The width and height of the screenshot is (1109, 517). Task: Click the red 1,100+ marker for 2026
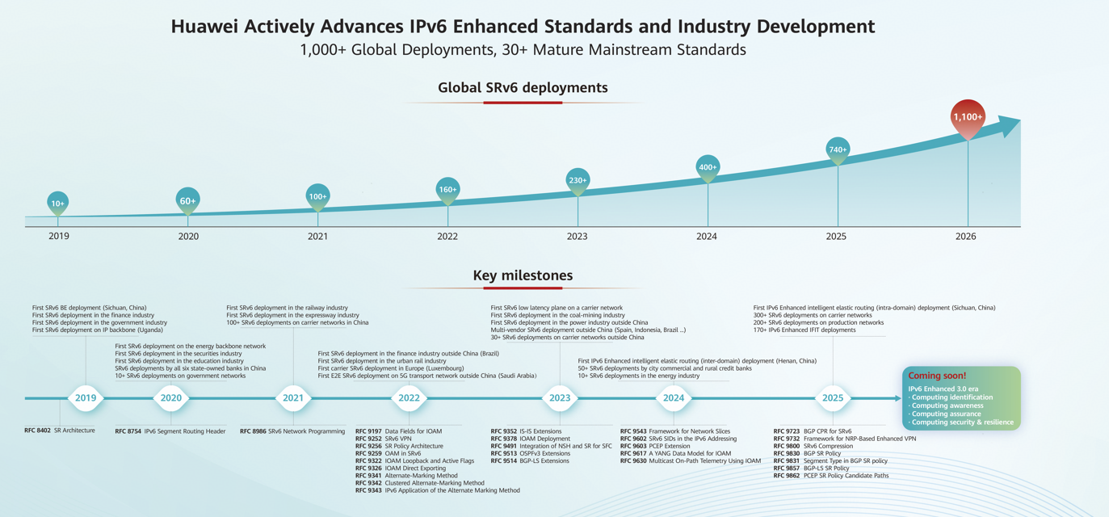coord(968,117)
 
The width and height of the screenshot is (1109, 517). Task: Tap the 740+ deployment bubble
coord(838,149)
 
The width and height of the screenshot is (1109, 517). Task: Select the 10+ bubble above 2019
coord(57,204)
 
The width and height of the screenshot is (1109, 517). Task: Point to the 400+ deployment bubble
coord(708,167)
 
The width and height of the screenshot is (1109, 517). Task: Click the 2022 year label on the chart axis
coord(447,237)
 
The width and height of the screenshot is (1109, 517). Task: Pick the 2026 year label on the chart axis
coord(965,237)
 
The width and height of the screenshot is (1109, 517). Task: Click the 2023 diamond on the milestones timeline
coord(560,397)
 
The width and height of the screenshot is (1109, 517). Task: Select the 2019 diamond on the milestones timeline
coord(86,397)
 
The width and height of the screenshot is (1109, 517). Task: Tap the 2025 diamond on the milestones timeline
coord(833,397)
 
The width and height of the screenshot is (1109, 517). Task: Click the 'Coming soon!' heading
coord(937,376)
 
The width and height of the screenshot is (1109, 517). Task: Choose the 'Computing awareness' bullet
coord(947,406)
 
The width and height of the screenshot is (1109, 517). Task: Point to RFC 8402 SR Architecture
coord(60,431)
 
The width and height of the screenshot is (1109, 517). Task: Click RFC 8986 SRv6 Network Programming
coord(292,431)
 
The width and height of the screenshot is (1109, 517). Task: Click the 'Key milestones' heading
coord(523,275)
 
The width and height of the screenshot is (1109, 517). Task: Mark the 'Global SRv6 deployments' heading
coord(523,87)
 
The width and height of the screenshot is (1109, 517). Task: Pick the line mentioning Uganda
coord(97,330)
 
